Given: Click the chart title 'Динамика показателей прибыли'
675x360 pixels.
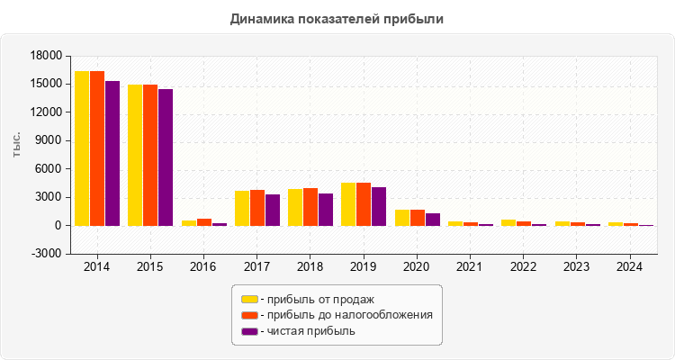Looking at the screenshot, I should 337,18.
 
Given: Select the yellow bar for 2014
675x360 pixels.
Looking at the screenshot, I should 82,148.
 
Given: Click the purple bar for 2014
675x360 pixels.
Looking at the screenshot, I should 112,153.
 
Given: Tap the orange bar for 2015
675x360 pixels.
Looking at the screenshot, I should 150,155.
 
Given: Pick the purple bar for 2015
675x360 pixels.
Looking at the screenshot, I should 166,157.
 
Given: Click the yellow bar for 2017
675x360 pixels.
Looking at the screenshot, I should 242,208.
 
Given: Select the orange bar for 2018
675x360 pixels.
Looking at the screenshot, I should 310,207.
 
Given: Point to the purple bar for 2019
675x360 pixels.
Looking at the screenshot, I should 379,206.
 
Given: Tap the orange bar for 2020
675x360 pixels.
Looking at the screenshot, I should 418,218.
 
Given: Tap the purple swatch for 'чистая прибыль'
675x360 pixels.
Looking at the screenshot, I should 249,331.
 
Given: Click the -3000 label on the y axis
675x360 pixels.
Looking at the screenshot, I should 45,254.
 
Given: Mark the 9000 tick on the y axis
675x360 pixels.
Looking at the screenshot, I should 48,140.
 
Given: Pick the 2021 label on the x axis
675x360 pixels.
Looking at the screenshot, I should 468,267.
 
